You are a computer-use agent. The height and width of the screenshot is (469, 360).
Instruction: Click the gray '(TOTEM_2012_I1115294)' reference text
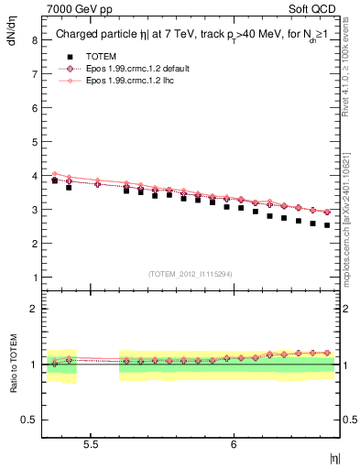point(191,274)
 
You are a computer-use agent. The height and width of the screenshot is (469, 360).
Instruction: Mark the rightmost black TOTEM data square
point(327,224)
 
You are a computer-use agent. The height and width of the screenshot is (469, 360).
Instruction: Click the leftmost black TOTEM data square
point(55,180)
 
